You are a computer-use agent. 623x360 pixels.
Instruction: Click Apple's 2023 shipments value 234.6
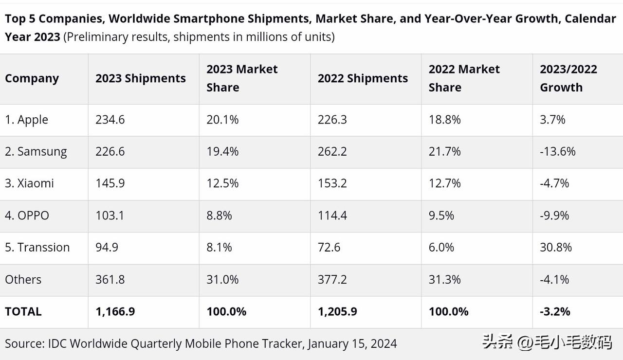[x=110, y=120]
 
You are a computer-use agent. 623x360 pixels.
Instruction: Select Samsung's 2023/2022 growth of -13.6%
[x=557, y=151]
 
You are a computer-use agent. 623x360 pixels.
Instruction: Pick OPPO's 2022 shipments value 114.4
[x=332, y=216]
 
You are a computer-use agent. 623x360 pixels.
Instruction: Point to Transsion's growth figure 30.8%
[x=556, y=247]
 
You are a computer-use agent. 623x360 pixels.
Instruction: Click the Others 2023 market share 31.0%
[x=222, y=279]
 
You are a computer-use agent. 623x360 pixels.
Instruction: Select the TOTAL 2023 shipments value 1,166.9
[x=115, y=311]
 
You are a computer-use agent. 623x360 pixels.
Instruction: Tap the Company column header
[x=32, y=79]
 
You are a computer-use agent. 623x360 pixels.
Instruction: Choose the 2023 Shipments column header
[x=140, y=79]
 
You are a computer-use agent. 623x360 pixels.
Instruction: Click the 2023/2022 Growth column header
[x=568, y=78]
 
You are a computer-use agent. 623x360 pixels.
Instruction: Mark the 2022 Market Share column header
[x=464, y=78]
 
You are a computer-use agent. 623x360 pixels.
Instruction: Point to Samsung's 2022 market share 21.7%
[x=444, y=151]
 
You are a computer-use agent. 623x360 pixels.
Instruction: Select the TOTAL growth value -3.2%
[x=555, y=311]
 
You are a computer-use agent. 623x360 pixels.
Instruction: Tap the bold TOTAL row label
[x=23, y=311]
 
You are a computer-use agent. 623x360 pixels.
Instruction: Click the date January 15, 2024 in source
[x=352, y=343]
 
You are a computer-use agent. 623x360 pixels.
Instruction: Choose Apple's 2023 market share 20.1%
[x=222, y=120]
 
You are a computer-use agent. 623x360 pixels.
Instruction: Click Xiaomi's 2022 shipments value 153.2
[x=332, y=183]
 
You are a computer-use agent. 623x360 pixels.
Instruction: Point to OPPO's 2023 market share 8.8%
[x=219, y=216]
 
